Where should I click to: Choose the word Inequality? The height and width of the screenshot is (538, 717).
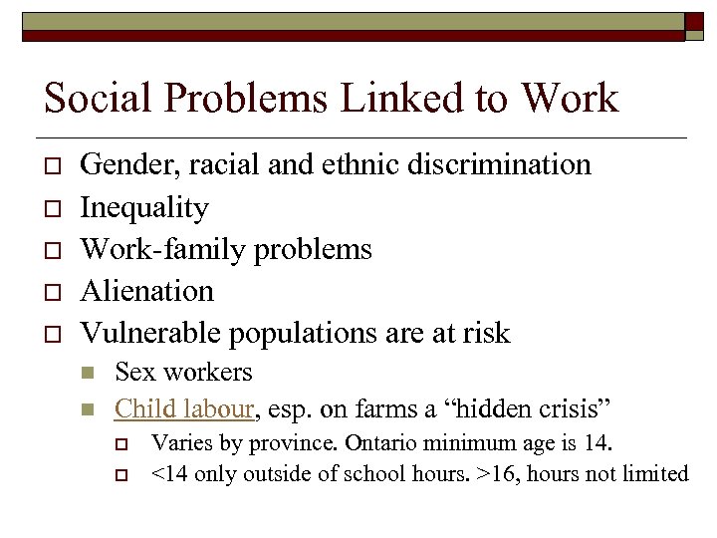coord(144,207)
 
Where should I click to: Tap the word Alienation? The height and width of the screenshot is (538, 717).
coord(147,291)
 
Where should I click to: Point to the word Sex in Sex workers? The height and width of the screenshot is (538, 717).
coord(133,373)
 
